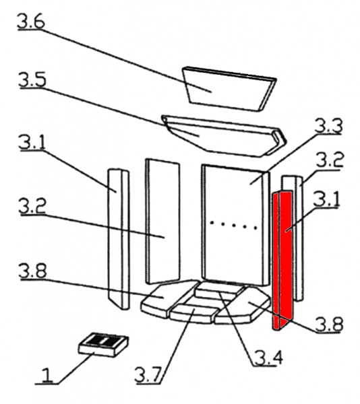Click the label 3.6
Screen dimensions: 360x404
[31, 22]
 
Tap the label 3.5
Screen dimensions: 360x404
[32, 80]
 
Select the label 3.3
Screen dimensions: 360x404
[329, 126]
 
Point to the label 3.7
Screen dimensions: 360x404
[148, 375]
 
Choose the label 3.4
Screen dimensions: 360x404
[268, 358]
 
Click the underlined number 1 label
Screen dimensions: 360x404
[47, 376]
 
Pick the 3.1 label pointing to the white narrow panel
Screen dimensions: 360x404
[32, 143]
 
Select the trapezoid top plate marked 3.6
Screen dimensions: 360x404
[229, 89]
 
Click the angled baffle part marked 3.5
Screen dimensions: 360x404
[224, 136]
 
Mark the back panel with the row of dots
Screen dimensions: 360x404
[235, 226]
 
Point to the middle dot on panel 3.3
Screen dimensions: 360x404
[234, 225]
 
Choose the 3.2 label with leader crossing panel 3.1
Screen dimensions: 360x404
[32, 206]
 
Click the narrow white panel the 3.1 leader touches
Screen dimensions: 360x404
[119, 239]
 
